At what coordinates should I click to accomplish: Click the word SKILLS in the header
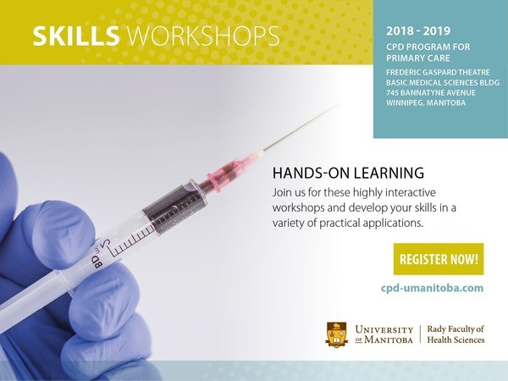click(76, 36)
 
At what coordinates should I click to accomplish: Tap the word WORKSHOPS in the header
click(203, 36)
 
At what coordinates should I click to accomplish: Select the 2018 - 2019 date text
click(418, 31)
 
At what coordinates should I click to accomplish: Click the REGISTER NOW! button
click(439, 259)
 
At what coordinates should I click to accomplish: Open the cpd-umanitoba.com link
click(432, 288)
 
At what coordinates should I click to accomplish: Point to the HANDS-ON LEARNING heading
click(348, 173)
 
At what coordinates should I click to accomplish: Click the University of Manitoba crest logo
click(337, 334)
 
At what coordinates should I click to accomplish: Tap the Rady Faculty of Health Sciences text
click(456, 334)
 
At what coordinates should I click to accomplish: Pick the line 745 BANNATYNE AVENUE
click(431, 92)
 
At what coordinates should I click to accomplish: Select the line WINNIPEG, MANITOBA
click(426, 103)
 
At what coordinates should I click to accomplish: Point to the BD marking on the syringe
click(97, 261)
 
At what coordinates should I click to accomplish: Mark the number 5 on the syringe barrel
click(107, 245)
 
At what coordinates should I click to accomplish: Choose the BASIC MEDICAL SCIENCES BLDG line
click(443, 83)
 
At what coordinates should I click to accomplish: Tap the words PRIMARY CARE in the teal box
click(418, 58)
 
